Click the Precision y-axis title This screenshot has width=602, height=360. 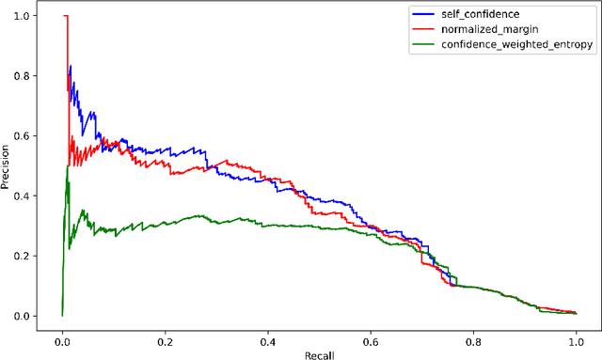point(8,166)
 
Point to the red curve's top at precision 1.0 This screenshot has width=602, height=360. point(65,16)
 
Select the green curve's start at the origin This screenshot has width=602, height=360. point(62,315)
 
